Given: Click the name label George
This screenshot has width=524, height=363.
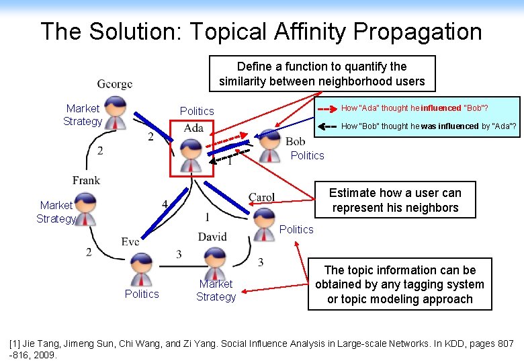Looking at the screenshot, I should (x=115, y=85).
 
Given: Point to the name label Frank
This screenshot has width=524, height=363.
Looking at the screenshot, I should (x=87, y=180).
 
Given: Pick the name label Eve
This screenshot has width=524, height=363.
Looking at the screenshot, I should (x=130, y=242).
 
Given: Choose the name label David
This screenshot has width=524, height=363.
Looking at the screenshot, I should (x=212, y=237).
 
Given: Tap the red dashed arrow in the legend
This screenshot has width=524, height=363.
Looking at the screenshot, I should (x=327, y=108).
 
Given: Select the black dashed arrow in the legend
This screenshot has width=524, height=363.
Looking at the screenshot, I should (x=327, y=126).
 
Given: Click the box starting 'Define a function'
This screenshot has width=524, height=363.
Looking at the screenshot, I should (x=322, y=74).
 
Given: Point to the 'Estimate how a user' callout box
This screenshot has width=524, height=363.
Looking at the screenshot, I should (x=395, y=200).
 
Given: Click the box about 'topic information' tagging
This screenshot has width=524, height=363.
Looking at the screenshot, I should (x=400, y=285).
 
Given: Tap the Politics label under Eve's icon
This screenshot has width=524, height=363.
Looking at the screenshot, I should (x=142, y=294).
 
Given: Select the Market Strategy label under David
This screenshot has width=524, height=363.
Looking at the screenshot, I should (x=216, y=290).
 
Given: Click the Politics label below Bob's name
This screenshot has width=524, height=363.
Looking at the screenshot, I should (x=307, y=155).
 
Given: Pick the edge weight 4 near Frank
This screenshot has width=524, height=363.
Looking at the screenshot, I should (x=165, y=203).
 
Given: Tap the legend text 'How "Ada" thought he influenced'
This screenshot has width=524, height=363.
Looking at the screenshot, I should (x=414, y=108).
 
